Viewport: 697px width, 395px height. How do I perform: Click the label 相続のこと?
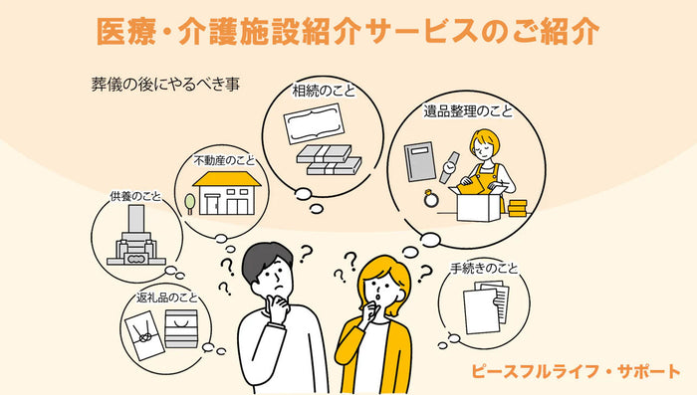click(x=324, y=91)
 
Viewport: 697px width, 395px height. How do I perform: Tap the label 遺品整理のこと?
click(x=468, y=111)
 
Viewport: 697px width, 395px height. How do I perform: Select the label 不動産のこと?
click(x=224, y=160)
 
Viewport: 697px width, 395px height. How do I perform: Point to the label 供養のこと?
click(x=135, y=196)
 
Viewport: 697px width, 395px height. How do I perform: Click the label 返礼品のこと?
click(x=167, y=297)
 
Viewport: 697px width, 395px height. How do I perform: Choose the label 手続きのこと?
click(x=484, y=269)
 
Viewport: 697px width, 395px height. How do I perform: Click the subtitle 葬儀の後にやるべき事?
click(x=165, y=84)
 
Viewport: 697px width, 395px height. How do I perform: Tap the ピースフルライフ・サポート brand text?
click(x=576, y=371)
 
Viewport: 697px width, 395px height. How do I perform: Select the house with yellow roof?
click(x=227, y=193)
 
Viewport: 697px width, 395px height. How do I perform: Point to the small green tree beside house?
click(x=190, y=204)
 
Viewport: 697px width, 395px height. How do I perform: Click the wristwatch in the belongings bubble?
click(x=449, y=167)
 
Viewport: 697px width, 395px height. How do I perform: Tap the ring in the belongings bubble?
click(x=431, y=199)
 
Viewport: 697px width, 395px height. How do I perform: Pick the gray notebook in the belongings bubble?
click(x=419, y=162)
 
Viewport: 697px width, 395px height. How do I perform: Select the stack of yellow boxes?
click(x=518, y=208)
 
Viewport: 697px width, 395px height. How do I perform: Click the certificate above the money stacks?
click(x=315, y=124)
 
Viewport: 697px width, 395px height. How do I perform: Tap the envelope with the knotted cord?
click(x=145, y=335)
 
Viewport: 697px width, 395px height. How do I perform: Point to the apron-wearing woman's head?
click(x=484, y=144)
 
